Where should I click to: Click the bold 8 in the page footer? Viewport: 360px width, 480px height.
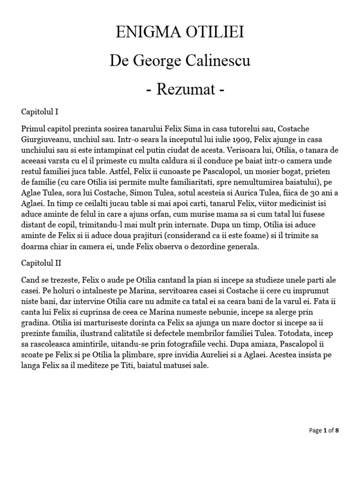tap(337, 430)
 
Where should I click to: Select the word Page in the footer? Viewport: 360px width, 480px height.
tap(315, 430)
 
